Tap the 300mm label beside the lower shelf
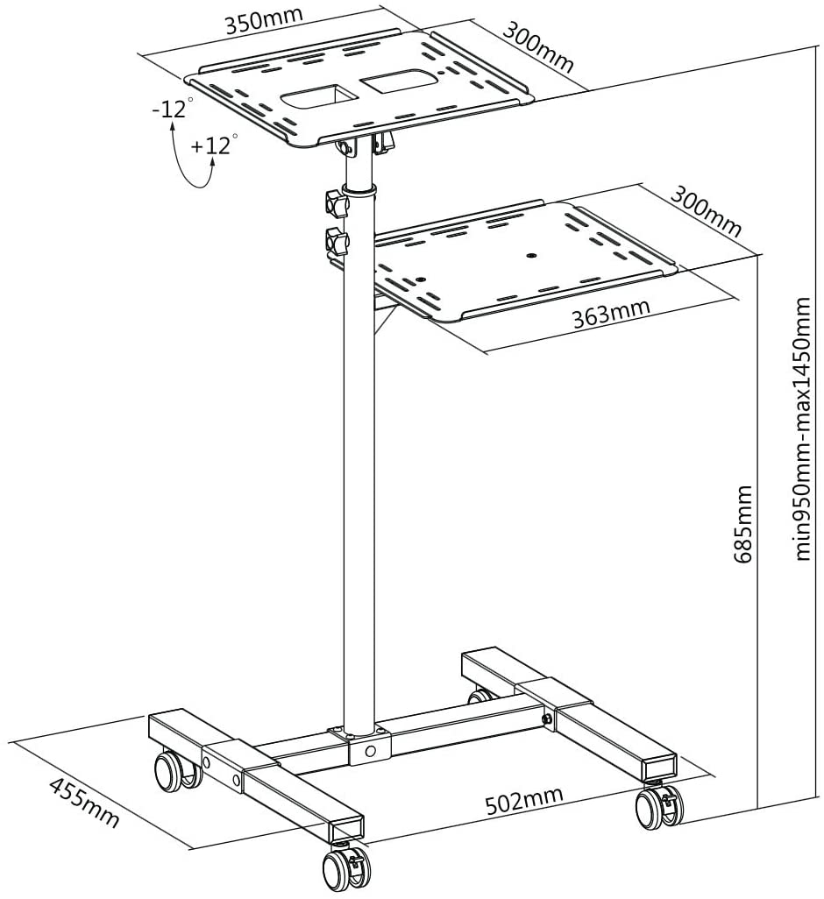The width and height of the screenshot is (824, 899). [707, 211]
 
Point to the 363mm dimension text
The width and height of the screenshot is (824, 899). [611, 312]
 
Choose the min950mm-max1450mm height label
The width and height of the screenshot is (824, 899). [803, 429]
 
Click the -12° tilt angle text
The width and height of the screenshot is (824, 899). [172, 110]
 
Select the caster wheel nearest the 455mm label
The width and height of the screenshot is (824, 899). [170, 770]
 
